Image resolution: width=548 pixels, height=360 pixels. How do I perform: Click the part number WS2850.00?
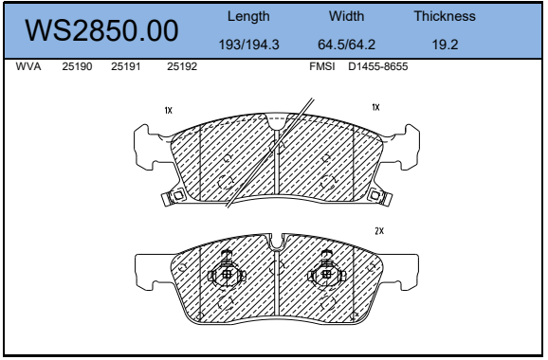pyautogui.click(x=101, y=30)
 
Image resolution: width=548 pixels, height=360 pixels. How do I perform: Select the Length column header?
pyautogui.click(x=248, y=16)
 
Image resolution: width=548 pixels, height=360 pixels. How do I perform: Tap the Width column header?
pyautogui.click(x=346, y=16)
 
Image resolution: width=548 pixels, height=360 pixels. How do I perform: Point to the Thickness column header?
pyautogui.click(x=445, y=16)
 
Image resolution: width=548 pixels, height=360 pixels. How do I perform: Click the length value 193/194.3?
pyautogui.click(x=248, y=45)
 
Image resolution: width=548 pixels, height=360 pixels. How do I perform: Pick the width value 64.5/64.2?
pyautogui.click(x=346, y=45)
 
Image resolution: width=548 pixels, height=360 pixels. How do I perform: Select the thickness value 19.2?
pyautogui.click(x=445, y=45)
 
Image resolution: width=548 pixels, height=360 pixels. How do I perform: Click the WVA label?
pyautogui.click(x=28, y=66)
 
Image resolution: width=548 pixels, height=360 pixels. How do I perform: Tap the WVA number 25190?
pyautogui.click(x=77, y=66)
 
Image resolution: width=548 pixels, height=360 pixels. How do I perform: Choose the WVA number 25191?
pyautogui.click(x=126, y=66)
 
